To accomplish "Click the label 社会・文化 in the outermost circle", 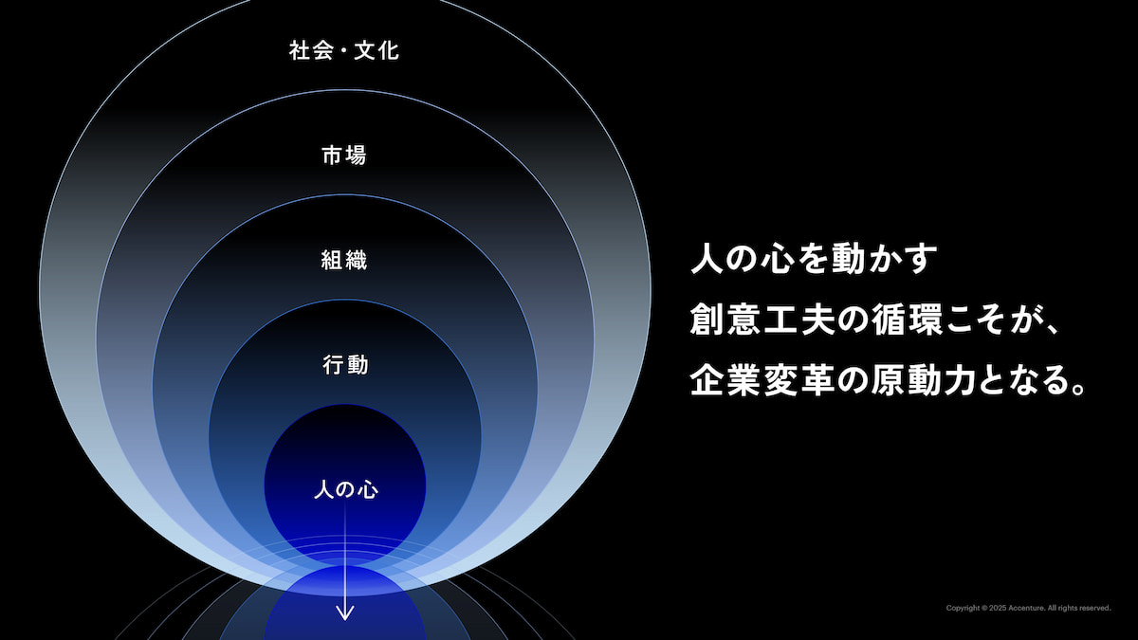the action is tap(344, 51).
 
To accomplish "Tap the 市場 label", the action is tap(344, 155).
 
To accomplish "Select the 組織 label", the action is tap(344, 260).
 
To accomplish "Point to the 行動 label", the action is tap(345, 365).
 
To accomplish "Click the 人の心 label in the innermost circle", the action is tap(345, 490).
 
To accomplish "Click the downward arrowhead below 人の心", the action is tap(345, 613).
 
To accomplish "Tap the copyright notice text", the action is tap(1028, 608).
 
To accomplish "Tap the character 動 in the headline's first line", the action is tap(846, 259).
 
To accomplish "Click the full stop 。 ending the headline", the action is tap(1074, 389).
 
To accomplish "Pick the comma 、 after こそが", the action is tap(1052, 329).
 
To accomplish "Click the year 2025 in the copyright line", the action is tap(998, 608).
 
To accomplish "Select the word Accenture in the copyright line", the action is tap(1026, 608).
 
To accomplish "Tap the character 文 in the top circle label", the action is tap(364, 51).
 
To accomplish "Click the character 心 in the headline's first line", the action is tap(778, 259).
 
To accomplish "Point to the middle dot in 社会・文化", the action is tap(344, 51).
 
